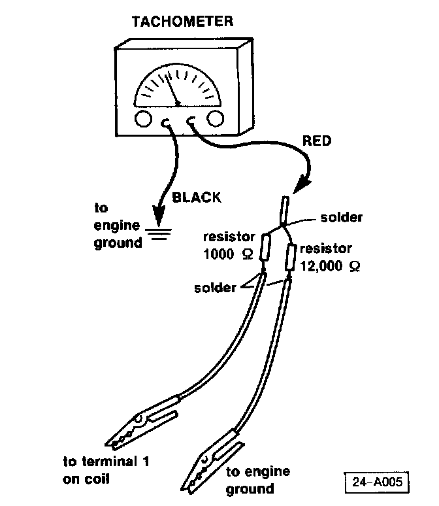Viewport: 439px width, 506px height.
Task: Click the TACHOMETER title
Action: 182,22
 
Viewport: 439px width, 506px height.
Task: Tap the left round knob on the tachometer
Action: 143,119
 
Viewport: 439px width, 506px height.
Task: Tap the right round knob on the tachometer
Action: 215,118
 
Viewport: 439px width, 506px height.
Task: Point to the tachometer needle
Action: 172,90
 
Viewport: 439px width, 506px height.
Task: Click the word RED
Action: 317,141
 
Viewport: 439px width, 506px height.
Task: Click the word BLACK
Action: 197,197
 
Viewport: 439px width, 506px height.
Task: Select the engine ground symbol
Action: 158,234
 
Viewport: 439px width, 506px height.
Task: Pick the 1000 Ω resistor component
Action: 265,247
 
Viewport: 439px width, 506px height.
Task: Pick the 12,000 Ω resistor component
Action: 291,258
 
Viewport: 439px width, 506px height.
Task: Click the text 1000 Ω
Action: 228,254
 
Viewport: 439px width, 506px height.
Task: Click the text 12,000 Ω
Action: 330,266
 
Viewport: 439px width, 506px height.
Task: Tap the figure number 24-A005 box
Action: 377,482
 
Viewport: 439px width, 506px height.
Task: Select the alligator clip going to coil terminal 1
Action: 142,423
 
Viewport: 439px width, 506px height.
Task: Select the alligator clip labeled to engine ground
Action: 212,462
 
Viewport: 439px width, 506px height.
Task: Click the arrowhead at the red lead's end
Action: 302,184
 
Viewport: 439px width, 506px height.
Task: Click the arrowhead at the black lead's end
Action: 159,215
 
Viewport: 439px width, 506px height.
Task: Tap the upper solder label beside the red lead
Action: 341,218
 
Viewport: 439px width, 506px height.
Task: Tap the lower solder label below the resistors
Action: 215,288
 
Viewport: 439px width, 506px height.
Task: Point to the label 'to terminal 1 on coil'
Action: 106,470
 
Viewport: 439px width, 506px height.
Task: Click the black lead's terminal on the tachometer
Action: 165,123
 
